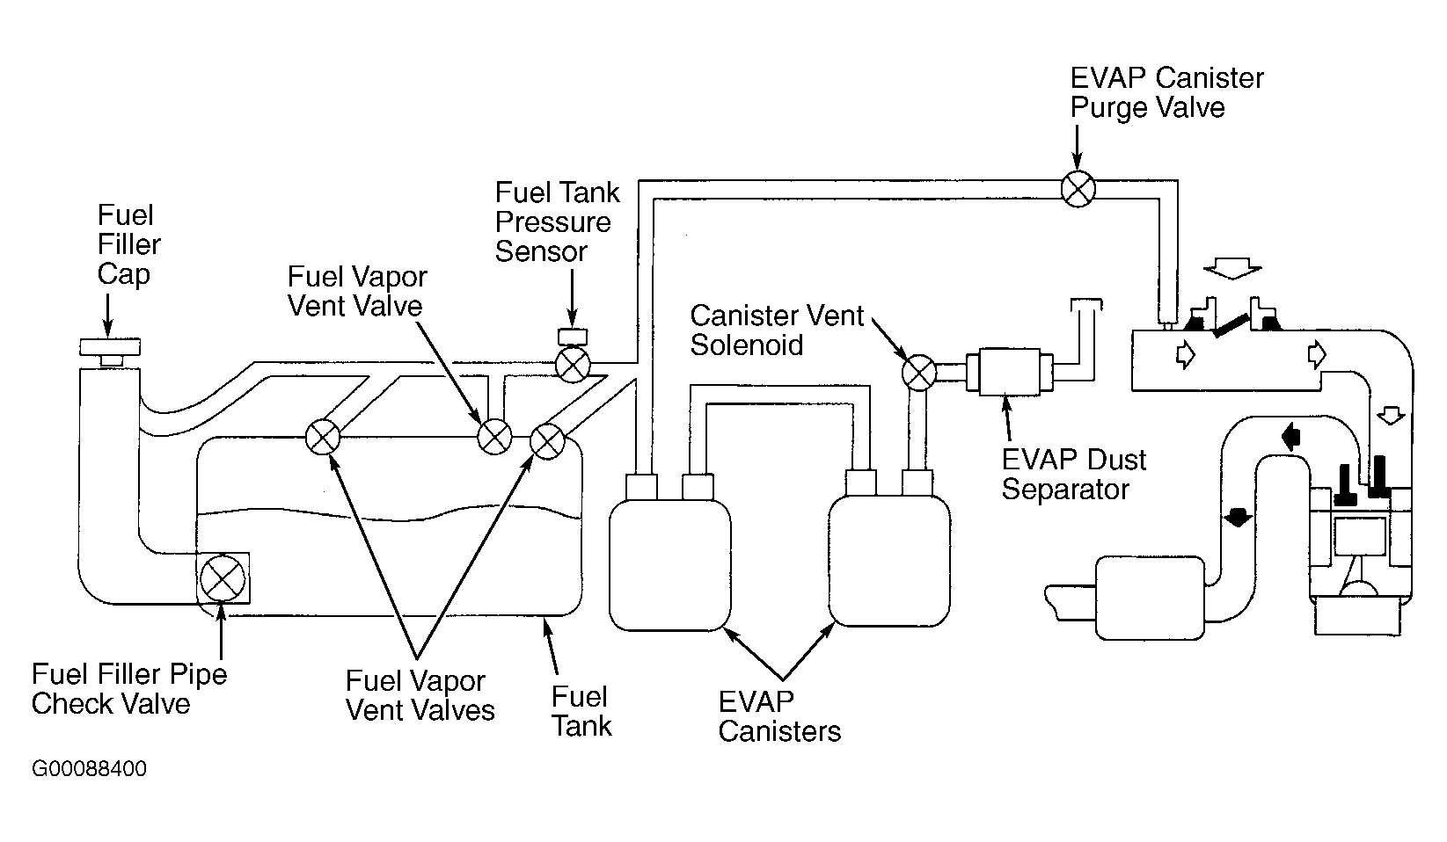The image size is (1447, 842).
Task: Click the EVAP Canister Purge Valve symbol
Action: pos(1078,189)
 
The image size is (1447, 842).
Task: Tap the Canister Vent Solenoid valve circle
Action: pos(918,373)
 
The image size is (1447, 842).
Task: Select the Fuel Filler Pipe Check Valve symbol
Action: pos(223,578)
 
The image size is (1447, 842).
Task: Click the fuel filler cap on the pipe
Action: pos(110,351)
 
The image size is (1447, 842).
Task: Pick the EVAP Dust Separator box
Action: pos(1010,373)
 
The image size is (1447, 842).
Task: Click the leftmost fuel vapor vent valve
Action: pos(323,438)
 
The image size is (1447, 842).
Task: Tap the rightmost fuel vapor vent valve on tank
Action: pos(547,442)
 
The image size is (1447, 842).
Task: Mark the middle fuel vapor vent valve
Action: pos(495,437)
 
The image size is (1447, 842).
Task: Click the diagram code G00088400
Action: pos(89,769)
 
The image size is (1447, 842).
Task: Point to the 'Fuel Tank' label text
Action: pos(581,711)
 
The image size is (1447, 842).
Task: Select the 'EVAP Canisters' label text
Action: pos(779,717)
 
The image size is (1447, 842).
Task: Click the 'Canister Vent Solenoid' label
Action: pos(777,330)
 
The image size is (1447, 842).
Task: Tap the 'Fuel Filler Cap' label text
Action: pos(128,244)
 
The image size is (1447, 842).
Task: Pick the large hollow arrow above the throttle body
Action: pos(1232,268)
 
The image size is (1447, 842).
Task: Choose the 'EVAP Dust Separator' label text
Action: pos(1074,475)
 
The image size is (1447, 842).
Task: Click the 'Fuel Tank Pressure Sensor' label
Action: pos(557,222)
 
